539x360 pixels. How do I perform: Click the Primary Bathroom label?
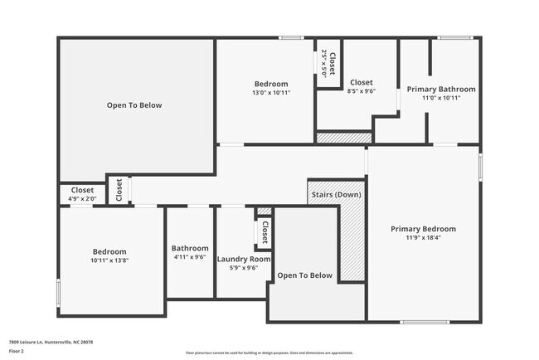point(441,89)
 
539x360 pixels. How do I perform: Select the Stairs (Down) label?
point(335,196)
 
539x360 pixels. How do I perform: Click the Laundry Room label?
point(244,259)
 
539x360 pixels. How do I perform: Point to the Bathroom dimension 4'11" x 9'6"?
point(190,257)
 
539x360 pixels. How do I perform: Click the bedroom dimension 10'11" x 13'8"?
point(109,260)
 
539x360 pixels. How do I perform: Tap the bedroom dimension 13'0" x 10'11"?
point(271,93)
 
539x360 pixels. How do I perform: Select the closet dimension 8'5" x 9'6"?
point(361,91)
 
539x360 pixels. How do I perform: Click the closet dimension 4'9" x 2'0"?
point(82,199)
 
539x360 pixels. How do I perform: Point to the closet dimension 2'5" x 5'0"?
point(323,63)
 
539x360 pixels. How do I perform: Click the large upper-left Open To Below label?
point(134,105)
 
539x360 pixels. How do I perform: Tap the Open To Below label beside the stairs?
point(304,275)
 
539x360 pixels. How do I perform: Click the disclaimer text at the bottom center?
point(269,352)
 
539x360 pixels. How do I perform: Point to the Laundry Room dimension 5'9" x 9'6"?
point(244,268)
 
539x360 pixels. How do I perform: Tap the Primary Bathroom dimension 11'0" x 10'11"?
point(441,98)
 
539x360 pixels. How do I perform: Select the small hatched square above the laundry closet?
point(264,211)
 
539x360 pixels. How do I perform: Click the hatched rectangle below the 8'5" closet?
point(344,138)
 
